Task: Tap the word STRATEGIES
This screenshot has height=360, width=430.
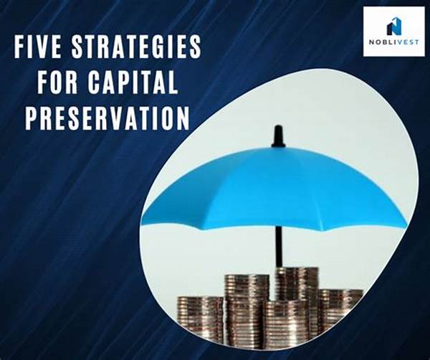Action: click(x=136, y=47)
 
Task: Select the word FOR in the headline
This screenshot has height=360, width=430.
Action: click(x=57, y=82)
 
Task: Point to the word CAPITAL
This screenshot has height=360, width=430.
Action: click(x=133, y=82)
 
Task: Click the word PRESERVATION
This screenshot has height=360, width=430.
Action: click(x=107, y=118)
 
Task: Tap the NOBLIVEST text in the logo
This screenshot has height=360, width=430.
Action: click(x=393, y=42)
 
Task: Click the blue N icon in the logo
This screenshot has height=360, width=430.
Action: click(x=394, y=26)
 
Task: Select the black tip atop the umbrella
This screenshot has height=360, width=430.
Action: click(x=278, y=136)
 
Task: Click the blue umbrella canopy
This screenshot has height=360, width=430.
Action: click(x=274, y=189)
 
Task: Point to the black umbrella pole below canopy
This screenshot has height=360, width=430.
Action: click(x=279, y=247)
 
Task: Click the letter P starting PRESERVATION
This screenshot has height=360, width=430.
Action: click(x=32, y=118)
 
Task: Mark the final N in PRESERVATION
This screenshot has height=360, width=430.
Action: click(x=182, y=118)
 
